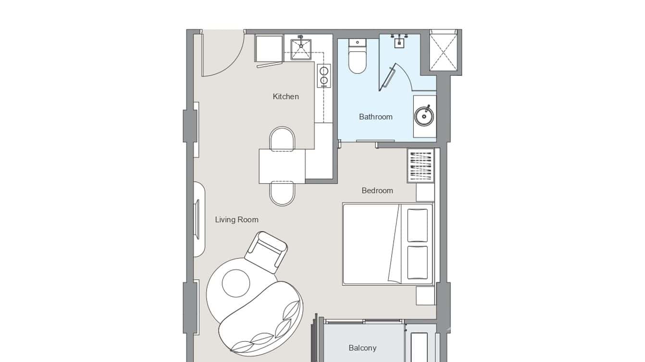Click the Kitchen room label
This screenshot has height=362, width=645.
[285, 97]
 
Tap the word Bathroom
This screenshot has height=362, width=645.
[375, 117]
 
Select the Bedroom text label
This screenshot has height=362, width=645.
[377, 191]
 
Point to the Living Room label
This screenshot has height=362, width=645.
[236, 220]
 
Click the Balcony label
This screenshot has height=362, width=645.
[362, 348]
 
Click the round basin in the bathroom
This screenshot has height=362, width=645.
[424, 116]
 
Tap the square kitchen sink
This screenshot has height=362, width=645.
[301, 49]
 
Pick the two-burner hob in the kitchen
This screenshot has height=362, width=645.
[324, 76]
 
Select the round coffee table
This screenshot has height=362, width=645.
[236, 283]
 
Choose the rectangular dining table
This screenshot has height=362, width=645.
[282, 166]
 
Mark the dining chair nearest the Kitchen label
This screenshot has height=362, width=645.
[282, 139]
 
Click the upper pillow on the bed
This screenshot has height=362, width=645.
[417, 225]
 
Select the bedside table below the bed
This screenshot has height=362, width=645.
[425, 296]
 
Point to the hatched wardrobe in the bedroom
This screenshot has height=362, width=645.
[421, 165]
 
